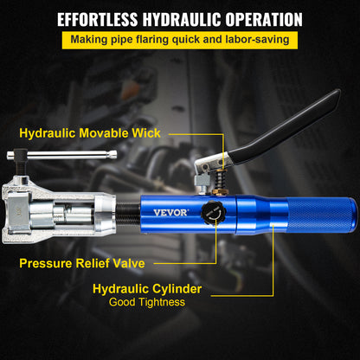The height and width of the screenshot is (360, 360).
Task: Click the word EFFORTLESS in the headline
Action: [x=97, y=20]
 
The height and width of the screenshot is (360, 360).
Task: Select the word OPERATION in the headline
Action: [x=264, y=20]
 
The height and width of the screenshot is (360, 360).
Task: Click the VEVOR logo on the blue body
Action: [x=170, y=213]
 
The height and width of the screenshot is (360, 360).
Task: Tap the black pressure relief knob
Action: [x=214, y=213]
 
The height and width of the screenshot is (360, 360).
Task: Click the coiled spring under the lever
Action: [x=221, y=179]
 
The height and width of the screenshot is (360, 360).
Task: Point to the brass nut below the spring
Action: [x=221, y=192]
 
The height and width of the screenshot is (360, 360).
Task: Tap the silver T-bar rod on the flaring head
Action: [x=61, y=155]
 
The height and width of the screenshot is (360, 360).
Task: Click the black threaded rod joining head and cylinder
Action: [x=128, y=214]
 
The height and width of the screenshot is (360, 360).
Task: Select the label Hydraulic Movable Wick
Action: [x=90, y=133]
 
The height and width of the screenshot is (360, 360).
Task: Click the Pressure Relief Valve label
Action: [x=82, y=263]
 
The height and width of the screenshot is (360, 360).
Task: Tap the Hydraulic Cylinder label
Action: [x=147, y=289]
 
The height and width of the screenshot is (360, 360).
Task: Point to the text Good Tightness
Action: [x=147, y=302]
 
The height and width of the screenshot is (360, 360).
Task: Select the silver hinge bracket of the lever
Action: [x=211, y=164]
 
